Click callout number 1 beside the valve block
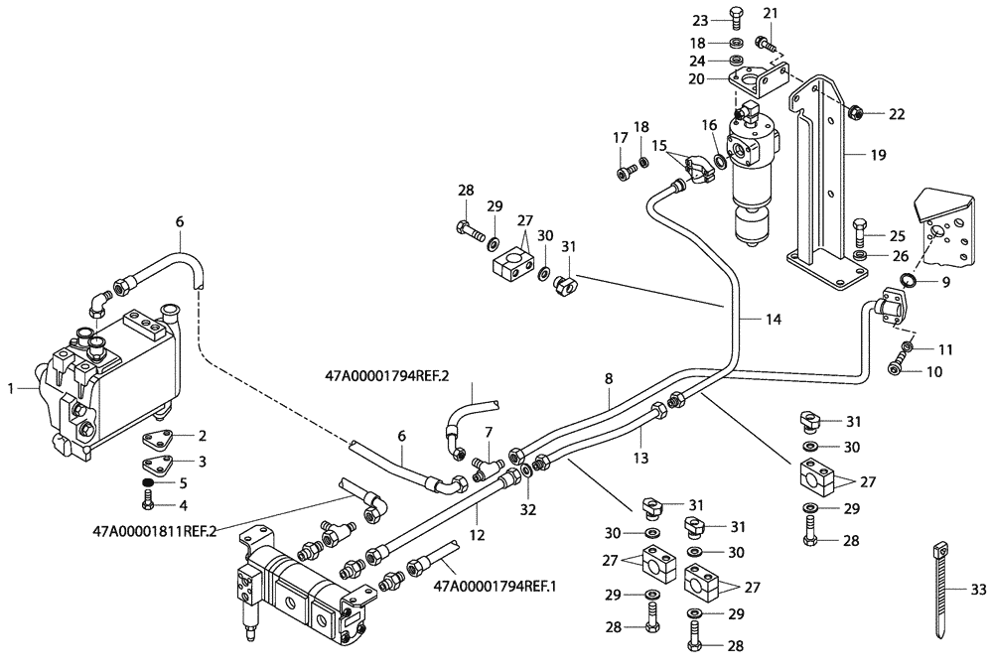(10, 389)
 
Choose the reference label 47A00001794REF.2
(387, 377)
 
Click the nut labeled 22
(859, 115)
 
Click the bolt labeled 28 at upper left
(465, 231)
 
